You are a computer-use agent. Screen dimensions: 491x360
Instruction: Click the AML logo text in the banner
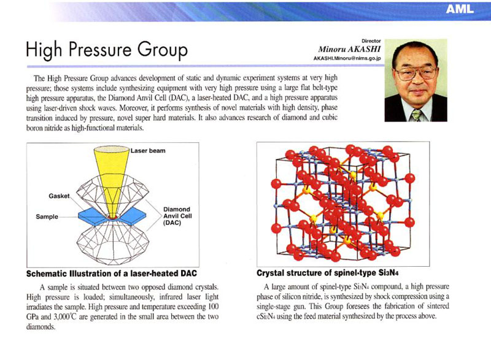click(x=460, y=9)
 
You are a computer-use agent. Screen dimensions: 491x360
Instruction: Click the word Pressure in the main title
click(x=100, y=50)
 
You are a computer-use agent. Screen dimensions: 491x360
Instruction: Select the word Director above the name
click(x=371, y=41)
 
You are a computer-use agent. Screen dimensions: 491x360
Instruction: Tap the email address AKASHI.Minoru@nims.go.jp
click(x=347, y=58)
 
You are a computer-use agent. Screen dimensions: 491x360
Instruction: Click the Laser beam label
click(x=148, y=151)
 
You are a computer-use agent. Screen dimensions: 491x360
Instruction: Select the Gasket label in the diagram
click(x=59, y=196)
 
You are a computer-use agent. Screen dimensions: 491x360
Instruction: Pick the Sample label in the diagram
click(x=47, y=216)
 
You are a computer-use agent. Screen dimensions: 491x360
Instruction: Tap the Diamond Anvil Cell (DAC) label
click(x=177, y=216)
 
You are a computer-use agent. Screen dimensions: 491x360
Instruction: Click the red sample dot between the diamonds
click(x=112, y=216)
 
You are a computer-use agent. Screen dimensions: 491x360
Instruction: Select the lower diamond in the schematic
click(x=113, y=242)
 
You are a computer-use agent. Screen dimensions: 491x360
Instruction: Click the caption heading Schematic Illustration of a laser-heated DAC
click(x=112, y=274)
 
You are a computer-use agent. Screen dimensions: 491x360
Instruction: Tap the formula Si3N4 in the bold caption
click(x=389, y=273)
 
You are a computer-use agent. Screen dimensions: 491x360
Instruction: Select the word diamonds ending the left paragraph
click(x=41, y=327)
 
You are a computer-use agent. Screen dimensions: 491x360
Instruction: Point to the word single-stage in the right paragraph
click(x=272, y=306)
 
